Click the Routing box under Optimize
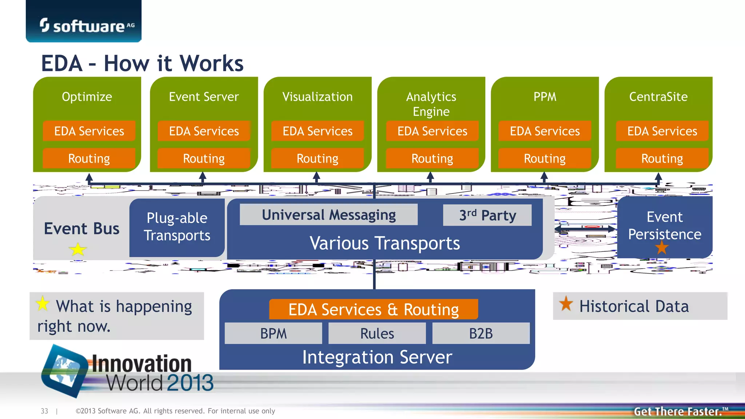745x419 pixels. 89,158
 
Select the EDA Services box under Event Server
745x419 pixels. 204,131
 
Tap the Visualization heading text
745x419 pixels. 317,97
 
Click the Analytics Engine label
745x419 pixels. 431,104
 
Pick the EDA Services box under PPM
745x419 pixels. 545,131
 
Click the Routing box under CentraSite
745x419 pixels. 662,158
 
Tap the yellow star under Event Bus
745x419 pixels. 77,250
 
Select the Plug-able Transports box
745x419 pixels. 177,227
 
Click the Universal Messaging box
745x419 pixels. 328,215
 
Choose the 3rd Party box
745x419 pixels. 487,215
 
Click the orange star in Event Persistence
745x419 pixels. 662,248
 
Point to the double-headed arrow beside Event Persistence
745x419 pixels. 585,229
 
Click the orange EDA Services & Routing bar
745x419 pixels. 373,309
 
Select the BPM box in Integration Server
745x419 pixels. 273,333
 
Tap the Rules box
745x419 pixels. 377,333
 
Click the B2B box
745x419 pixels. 481,333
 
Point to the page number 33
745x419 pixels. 44,411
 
